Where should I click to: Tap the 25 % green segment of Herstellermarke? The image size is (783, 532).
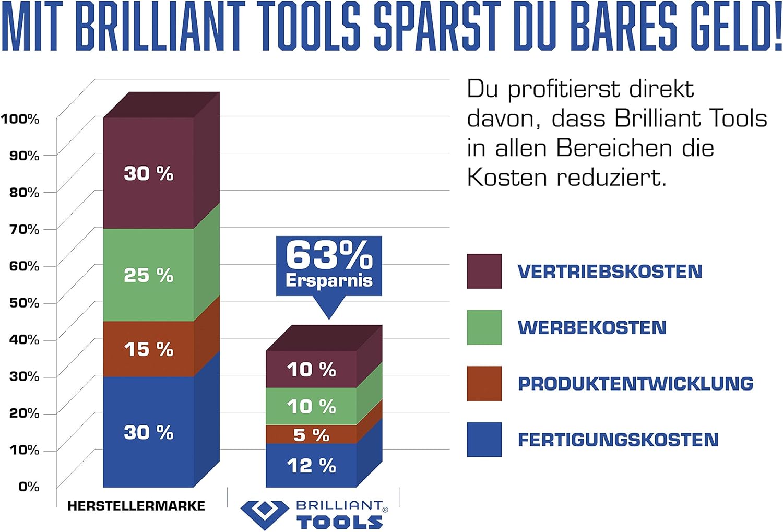click(149, 275)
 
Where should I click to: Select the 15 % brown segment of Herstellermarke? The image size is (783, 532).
click(149, 349)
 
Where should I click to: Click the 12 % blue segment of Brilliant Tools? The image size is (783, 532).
click(311, 466)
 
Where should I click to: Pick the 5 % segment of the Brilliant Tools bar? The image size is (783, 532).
click(311, 434)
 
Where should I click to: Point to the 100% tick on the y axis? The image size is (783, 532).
click(20, 119)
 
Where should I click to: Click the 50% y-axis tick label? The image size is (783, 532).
click(24, 303)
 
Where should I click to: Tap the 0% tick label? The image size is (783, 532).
click(29, 487)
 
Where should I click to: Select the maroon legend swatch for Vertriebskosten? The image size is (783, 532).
click(484, 271)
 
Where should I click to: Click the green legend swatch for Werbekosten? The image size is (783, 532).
click(484, 328)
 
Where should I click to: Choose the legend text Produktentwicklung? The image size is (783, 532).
click(635, 384)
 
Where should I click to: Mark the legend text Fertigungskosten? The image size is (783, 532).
click(618, 440)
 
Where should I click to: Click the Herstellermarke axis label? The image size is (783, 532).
click(136, 505)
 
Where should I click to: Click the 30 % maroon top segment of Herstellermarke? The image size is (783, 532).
click(149, 173)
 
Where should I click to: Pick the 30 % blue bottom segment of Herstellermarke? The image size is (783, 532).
click(149, 432)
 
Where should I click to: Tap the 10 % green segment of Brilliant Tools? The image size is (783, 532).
click(311, 406)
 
